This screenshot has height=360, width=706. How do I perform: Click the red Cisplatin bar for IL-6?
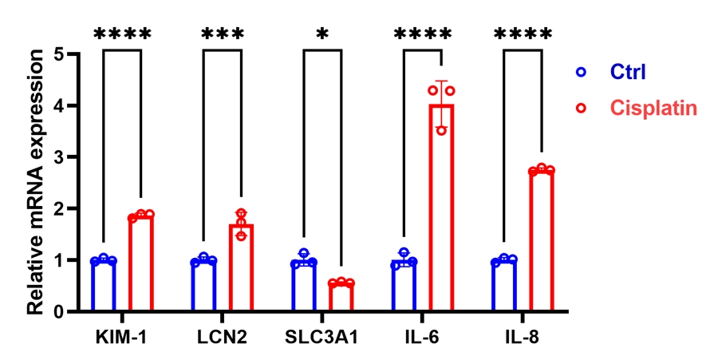[x=441, y=208]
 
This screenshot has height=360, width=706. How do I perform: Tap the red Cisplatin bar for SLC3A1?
[x=341, y=297]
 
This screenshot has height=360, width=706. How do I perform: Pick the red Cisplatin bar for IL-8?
[x=542, y=240]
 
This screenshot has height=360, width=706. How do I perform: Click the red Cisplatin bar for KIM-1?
[x=141, y=263]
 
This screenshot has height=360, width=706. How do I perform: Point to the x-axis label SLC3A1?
[x=322, y=335]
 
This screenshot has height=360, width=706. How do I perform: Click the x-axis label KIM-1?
[x=121, y=335]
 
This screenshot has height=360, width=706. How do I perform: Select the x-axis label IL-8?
[x=523, y=335]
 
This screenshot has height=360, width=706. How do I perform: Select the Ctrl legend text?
[x=629, y=72]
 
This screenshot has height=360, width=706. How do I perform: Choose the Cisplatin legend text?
[x=651, y=107]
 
